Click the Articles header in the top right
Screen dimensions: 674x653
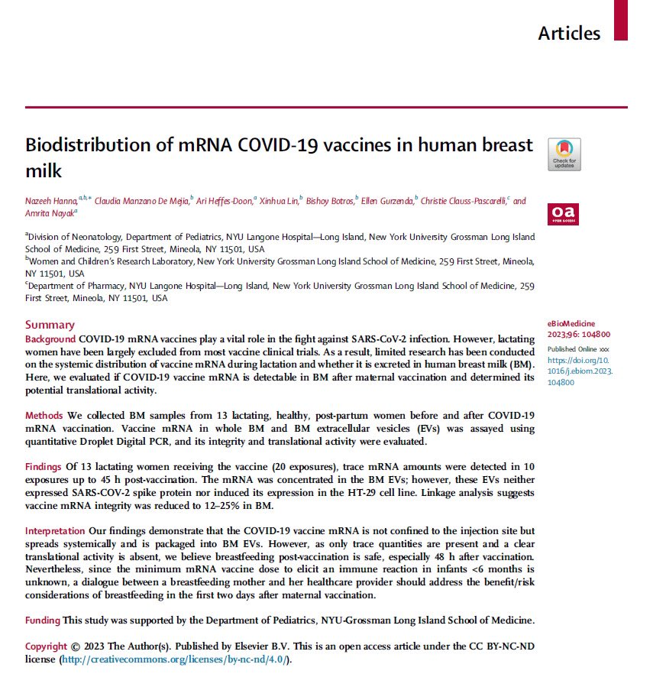coord(569,33)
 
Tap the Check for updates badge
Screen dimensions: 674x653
coord(564,154)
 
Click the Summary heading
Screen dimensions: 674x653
coord(50,324)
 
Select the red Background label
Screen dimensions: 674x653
coord(50,338)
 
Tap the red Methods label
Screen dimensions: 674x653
coord(44,415)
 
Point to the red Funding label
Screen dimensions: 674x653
coord(43,620)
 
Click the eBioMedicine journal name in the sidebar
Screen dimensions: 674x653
coord(573,324)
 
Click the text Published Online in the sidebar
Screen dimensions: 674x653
coord(572,348)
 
